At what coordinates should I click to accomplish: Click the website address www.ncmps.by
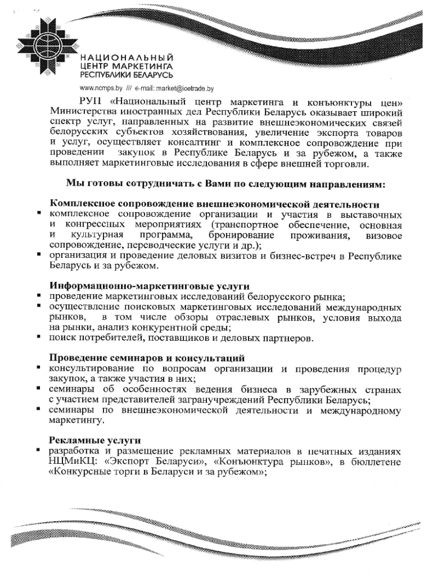[x=101, y=88]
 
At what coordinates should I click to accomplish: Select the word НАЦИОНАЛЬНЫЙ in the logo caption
[x=127, y=58]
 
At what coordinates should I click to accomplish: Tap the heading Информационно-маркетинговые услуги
[x=150, y=286]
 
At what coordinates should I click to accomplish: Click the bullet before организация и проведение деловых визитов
[x=40, y=255]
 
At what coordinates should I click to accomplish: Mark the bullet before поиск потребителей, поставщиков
[x=40, y=337]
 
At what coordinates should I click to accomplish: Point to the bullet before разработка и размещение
[x=40, y=450]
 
